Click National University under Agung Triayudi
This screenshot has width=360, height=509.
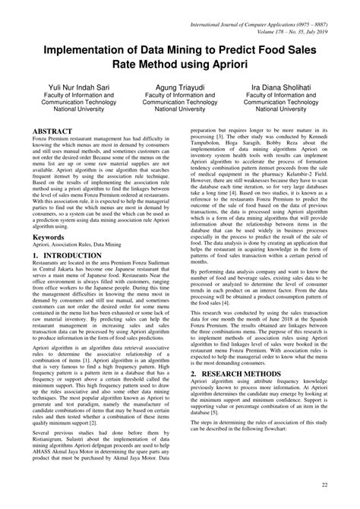click(179, 109)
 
